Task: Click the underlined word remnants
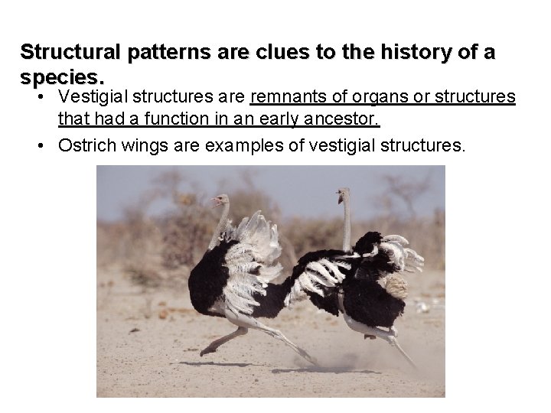[x=287, y=98]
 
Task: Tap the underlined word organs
[x=368, y=98]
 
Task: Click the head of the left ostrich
[x=220, y=200]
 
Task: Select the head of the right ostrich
[x=342, y=197]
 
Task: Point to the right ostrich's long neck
[x=346, y=226]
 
